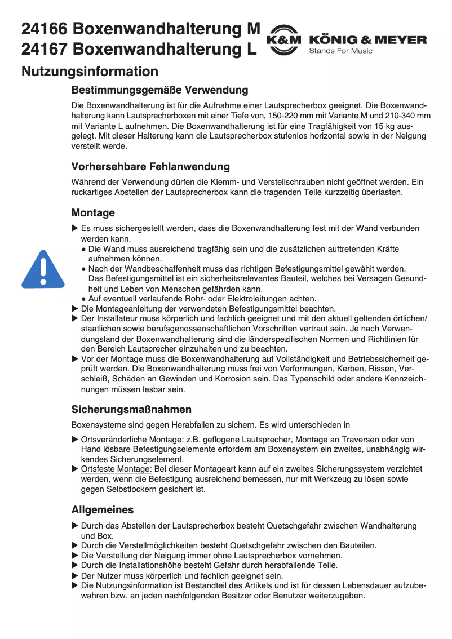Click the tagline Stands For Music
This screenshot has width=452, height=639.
pyautogui.click(x=340, y=51)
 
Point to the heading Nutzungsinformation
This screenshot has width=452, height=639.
pyautogui.click(x=90, y=72)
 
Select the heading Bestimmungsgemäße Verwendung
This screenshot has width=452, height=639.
pyautogui.click(x=159, y=90)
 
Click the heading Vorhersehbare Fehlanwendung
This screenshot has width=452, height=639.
pyautogui.click(x=150, y=167)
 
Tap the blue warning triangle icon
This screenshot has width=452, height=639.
pyautogui.click(x=43, y=269)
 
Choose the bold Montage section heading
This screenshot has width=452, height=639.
pyautogui.click(x=93, y=213)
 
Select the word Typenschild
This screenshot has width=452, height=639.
pyautogui.click(x=334, y=379)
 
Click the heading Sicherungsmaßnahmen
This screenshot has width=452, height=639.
pyautogui.click(x=131, y=409)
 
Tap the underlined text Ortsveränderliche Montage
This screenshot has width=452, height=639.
pyautogui.click(x=132, y=440)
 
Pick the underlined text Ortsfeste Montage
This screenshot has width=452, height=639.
pyautogui.click(x=116, y=469)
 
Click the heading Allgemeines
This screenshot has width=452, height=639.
pyautogui.click(x=103, y=510)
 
